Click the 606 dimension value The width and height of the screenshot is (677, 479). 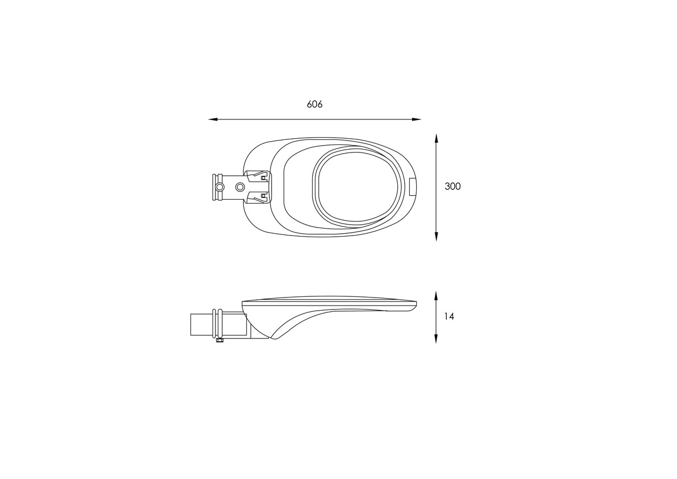point(315,104)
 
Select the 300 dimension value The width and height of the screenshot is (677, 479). point(453,186)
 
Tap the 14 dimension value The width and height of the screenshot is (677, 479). point(449,317)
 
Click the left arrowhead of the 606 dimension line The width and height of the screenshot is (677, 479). point(213,119)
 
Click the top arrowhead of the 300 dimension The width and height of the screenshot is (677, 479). point(437,138)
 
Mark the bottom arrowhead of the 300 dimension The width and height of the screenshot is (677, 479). point(437,236)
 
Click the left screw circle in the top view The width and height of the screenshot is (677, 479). point(220,187)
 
